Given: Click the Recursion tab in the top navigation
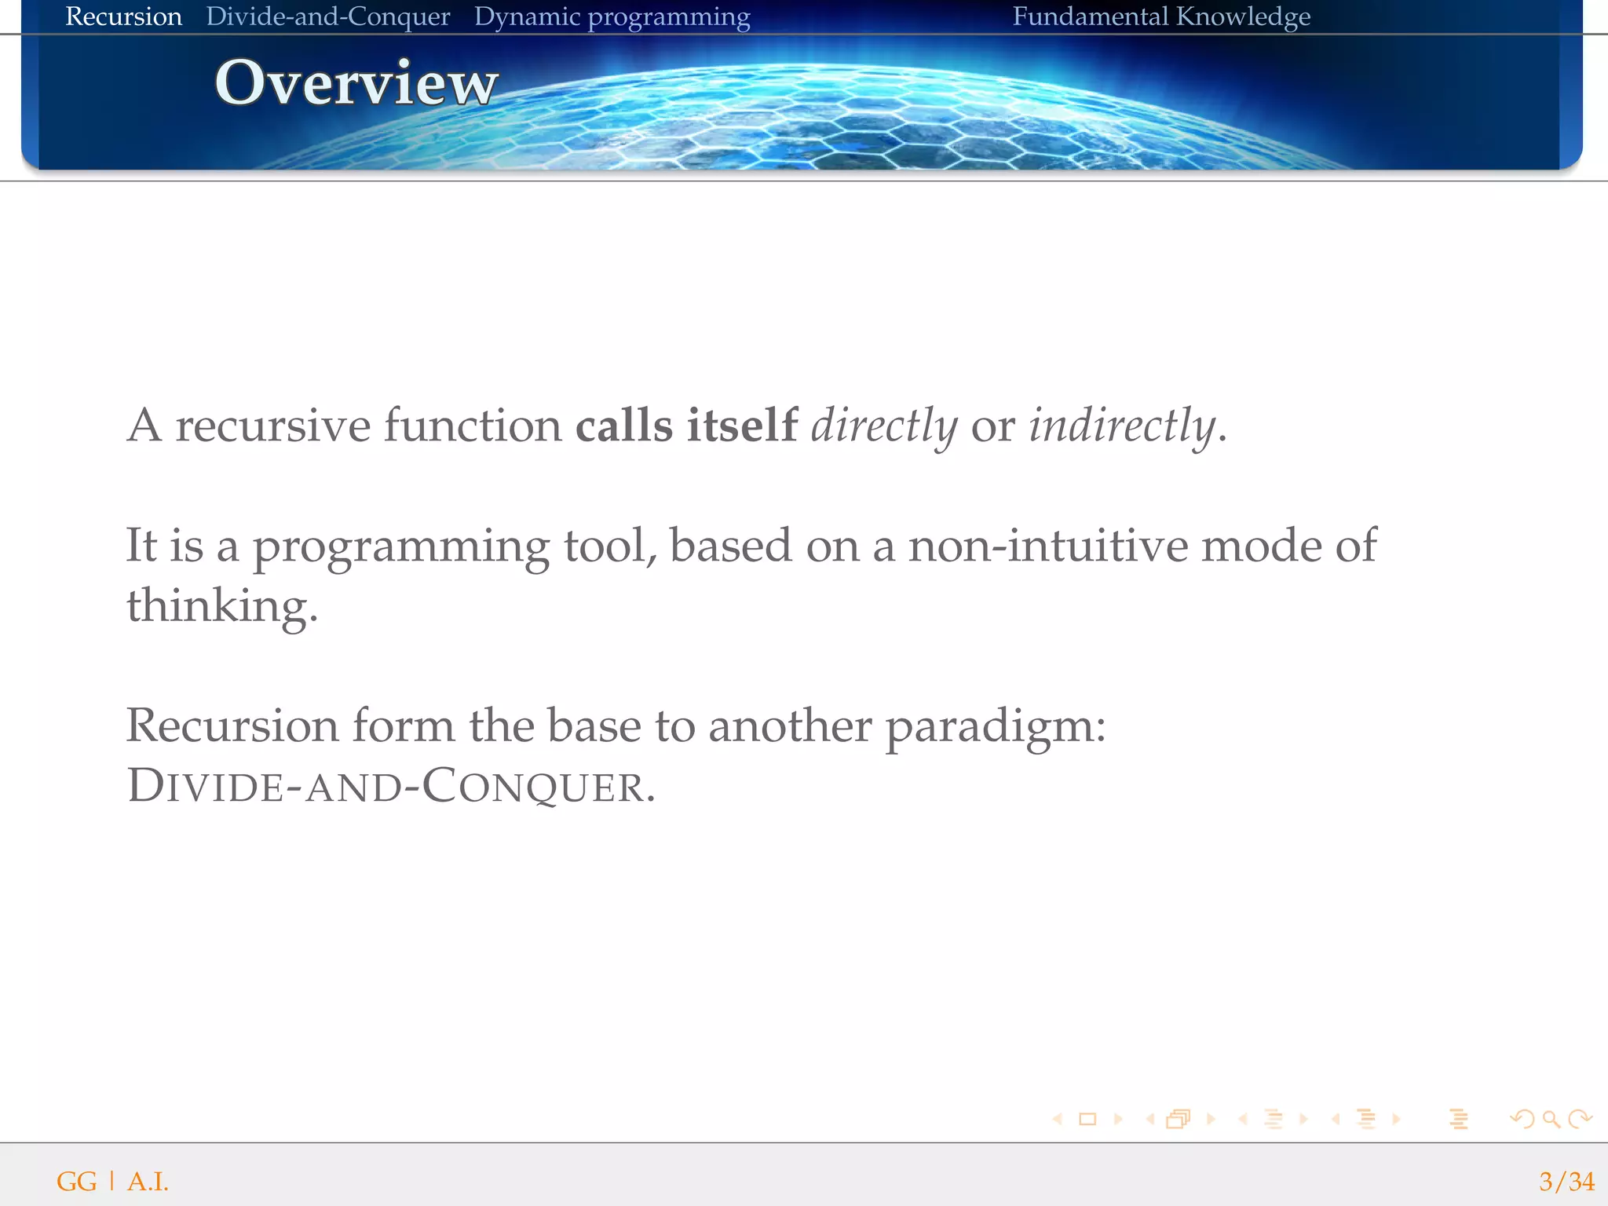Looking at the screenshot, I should click(x=123, y=16).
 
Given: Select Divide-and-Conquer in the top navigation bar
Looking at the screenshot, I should click(x=327, y=16).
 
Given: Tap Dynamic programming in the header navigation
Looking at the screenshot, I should click(x=612, y=17).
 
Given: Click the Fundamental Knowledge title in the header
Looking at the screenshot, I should click(x=1160, y=16).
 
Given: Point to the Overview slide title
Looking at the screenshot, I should click(x=356, y=82).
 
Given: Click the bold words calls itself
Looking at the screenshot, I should click(x=686, y=426).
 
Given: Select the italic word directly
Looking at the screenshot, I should click(x=884, y=426).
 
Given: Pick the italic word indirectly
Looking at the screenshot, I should click(x=1122, y=426).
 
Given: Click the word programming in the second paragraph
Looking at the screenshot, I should click(x=400, y=546).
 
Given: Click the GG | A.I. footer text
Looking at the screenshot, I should click(x=112, y=1181).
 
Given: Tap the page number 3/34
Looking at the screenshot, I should click(x=1566, y=1181).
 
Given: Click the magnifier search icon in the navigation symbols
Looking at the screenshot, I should click(x=1551, y=1119).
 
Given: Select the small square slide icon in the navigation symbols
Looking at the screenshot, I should click(x=1087, y=1119).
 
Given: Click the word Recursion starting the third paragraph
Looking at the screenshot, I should click(x=232, y=725).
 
